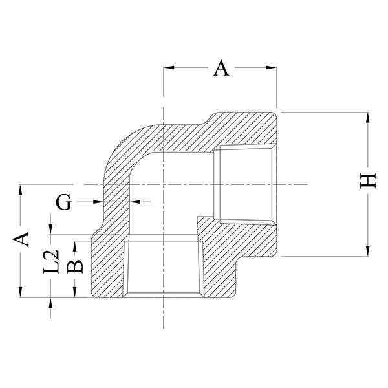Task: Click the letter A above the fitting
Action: [x=221, y=68]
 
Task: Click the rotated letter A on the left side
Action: [x=21, y=239]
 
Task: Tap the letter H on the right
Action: [x=368, y=180]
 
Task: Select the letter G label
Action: [x=63, y=202]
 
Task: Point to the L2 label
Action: [x=51, y=262]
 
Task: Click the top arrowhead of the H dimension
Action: [x=368, y=117]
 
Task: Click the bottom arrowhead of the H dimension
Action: [x=368, y=251]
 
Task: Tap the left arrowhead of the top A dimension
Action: [x=169, y=67]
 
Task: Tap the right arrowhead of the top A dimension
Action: [x=271, y=67]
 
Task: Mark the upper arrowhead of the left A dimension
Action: [x=20, y=189]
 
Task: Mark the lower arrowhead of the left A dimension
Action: [x=20, y=292]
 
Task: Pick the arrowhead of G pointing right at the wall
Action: [x=98, y=202]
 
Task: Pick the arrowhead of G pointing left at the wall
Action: [x=135, y=202]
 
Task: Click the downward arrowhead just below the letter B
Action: [x=75, y=292]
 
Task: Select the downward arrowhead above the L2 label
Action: [x=50, y=229]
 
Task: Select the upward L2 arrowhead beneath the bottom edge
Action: [x=50, y=303]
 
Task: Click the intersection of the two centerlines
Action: [x=164, y=184]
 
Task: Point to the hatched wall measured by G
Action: [x=116, y=202]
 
